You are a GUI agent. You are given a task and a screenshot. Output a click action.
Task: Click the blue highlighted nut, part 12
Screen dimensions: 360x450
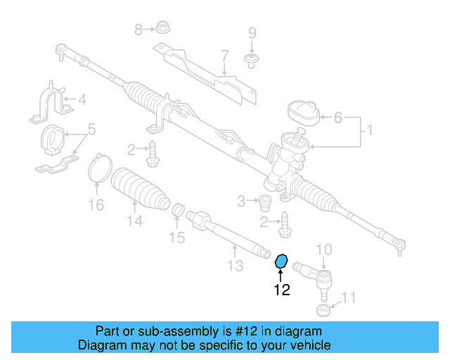coord(281,262)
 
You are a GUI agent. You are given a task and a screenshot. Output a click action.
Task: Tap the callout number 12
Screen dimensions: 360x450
coord(281,289)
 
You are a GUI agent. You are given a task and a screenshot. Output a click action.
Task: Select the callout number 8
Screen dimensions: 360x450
coord(139,29)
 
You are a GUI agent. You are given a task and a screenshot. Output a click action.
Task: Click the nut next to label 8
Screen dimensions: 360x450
coord(161,30)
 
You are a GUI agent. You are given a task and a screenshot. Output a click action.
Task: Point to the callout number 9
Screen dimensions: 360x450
coord(252,33)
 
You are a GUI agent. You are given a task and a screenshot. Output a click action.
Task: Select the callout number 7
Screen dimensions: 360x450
coord(224,56)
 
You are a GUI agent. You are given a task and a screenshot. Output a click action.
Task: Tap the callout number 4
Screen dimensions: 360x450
coord(82,100)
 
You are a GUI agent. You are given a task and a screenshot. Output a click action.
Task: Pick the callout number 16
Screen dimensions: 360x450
coord(96,205)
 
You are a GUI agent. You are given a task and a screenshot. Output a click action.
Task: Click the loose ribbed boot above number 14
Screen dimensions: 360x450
coord(141,188)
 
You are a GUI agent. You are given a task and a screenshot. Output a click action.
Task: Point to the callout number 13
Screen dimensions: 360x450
coord(235,265)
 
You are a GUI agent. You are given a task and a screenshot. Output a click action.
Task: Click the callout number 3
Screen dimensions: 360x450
coord(241,202)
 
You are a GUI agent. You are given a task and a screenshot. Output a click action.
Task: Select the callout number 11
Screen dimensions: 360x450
coord(349,297)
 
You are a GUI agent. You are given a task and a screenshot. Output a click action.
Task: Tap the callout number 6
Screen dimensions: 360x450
coord(337,118)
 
